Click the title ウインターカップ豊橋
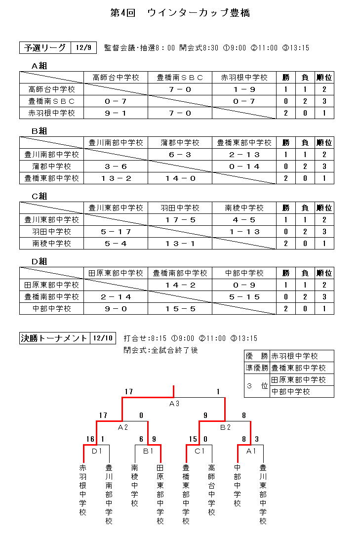coord(198,13)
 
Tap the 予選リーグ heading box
coord(45,48)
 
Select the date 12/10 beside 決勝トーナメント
coord(103,338)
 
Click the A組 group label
coord(40,66)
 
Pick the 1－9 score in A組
coord(244,89)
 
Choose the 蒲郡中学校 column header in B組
coord(180,143)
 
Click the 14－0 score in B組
coord(180,178)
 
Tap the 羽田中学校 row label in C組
coord(52,232)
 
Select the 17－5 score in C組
coord(180,220)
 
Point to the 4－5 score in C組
coord(244,220)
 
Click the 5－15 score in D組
coord(244,297)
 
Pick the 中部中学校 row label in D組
coord(52,309)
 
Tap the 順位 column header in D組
coord(324,273)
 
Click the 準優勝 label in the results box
coord(257,368)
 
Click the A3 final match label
coord(174,403)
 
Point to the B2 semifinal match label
coord(225,427)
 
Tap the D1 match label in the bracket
coord(97,451)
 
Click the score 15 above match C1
coord(193,439)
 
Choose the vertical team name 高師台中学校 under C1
coord(211,489)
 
